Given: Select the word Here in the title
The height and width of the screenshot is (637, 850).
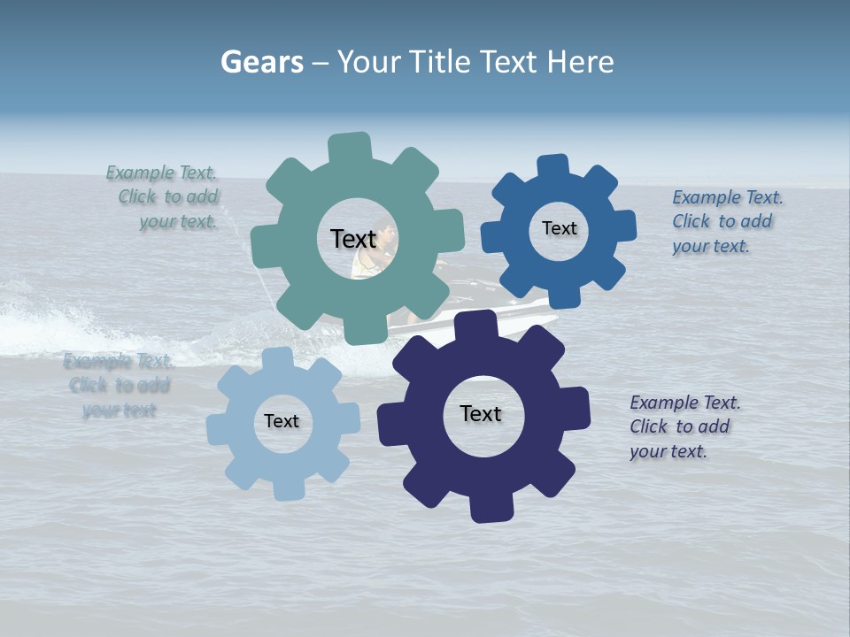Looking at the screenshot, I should pos(580,62).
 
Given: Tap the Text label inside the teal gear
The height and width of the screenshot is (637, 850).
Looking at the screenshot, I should pos(353,239).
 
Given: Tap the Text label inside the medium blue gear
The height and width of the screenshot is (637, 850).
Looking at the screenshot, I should pos(559,228).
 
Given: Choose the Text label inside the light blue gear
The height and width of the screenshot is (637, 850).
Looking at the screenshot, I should pos(282,422).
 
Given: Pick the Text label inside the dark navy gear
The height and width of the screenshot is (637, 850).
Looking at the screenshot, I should pos(481,414).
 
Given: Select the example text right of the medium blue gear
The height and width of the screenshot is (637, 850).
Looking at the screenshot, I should pos(726,222).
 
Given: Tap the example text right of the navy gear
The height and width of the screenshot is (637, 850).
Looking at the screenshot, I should pos(684,426).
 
